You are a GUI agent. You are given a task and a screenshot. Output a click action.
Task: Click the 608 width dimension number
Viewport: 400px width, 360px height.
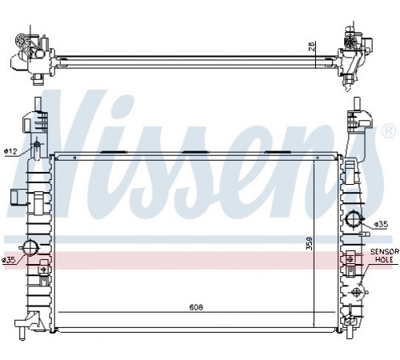196,307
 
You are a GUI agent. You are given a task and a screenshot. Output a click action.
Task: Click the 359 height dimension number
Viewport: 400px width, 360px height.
309,243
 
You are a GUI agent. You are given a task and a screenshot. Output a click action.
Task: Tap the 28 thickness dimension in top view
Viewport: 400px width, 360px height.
312,46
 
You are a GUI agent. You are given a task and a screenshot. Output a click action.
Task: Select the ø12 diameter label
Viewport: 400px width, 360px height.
10,151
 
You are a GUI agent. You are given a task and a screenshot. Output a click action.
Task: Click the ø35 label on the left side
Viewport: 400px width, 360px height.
9,260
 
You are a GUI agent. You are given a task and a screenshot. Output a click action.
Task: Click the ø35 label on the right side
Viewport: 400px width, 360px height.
381,225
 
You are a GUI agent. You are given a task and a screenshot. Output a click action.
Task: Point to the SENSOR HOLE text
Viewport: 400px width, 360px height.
385,255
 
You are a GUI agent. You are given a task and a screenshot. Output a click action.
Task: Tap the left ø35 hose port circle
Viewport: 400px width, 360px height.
30,248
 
